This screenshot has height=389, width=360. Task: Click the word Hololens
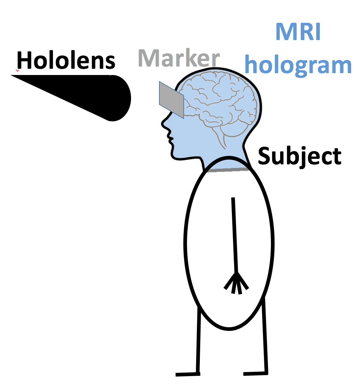pyautogui.click(x=66, y=61)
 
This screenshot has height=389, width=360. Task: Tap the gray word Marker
pyautogui.click(x=179, y=58)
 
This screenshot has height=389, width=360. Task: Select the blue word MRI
pyautogui.click(x=298, y=32)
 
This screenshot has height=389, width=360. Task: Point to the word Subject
pyautogui.click(x=300, y=157)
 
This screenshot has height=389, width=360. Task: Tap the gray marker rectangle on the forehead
pyautogui.click(x=171, y=100)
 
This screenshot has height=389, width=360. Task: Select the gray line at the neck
pyautogui.click(x=228, y=170)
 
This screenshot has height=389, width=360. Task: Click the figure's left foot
pyautogui.click(x=188, y=374)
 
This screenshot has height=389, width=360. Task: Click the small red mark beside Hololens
pyautogui.click(x=17, y=70)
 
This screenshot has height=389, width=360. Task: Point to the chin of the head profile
pyautogui.click(x=177, y=156)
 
